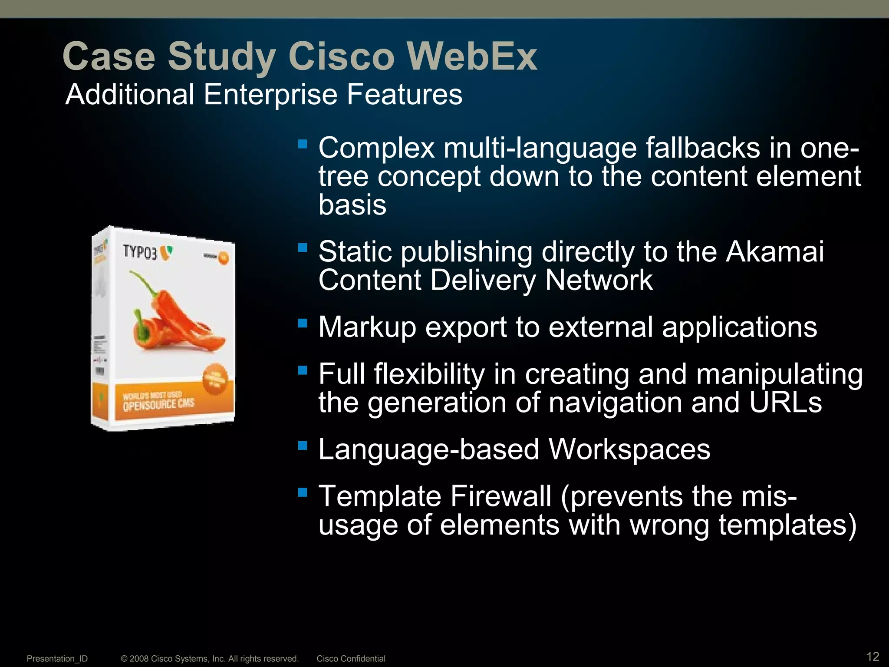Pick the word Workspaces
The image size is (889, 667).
coord(629,449)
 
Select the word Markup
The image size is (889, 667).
coord(367,327)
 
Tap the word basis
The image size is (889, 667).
coord(352,205)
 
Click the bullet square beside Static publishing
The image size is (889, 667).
coord(303,248)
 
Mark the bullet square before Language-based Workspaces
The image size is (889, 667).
coord(303,445)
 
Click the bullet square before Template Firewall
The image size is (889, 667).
coord(303,492)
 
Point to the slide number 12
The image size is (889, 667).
coord(873,656)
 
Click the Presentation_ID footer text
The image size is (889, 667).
coord(57,659)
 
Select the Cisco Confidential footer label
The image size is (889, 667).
coord(351,659)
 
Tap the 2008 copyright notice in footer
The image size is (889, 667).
coord(210,659)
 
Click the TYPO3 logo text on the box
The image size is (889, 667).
coord(140,252)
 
